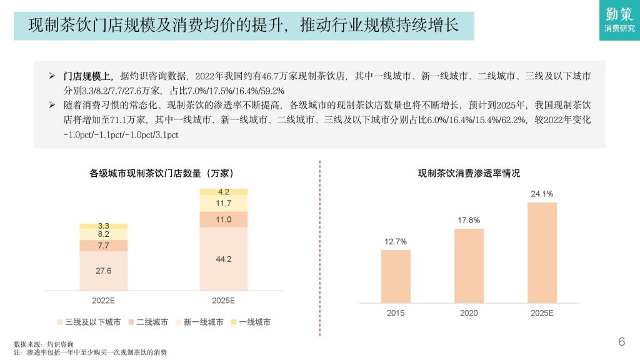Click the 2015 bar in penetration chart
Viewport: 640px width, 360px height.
coord(396,276)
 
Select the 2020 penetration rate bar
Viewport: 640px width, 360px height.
coord(469,266)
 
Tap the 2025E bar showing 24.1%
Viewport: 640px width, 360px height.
coord(542,252)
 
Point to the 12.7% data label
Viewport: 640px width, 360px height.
coord(396,241)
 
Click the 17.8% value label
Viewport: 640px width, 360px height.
coord(469,220)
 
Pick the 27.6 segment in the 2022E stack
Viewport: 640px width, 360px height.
coord(103,271)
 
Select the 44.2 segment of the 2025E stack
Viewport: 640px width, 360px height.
coord(223,259)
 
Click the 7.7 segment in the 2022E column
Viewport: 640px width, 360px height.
coord(103,246)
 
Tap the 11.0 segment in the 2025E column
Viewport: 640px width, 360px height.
coord(223,219)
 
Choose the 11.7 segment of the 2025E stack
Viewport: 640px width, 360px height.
coord(223,203)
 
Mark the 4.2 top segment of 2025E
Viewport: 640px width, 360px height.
coord(223,192)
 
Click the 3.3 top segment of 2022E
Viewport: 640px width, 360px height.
coord(103,226)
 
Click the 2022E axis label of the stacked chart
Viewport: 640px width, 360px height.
coord(103,301)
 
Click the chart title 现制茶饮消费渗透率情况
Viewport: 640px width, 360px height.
coord(469,173)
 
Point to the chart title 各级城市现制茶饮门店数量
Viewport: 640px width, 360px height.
coord(162,173)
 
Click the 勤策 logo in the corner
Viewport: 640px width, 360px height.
coord(619,20)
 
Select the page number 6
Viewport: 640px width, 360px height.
coord(621,341)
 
